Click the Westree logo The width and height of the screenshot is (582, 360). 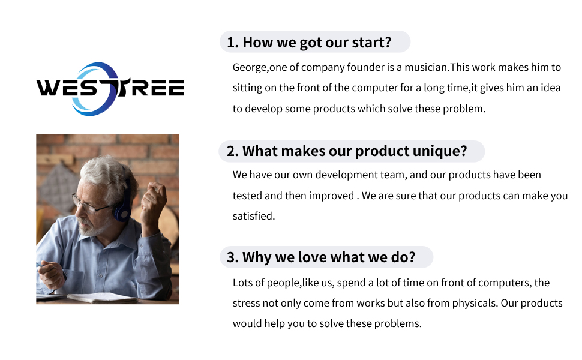[x=110, y=89]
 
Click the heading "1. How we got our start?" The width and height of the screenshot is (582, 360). [x=309, y=43]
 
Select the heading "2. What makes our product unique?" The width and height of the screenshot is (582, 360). [x=347, y=151]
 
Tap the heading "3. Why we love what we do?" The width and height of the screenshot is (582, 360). [x=321, y=257]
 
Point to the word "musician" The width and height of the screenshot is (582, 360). [x=426, y=67]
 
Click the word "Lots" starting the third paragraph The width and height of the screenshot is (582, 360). [x=243, y=283]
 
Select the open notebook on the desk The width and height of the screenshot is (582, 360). [x=102, y=297]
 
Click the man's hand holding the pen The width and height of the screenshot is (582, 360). [x=52, y=275]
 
